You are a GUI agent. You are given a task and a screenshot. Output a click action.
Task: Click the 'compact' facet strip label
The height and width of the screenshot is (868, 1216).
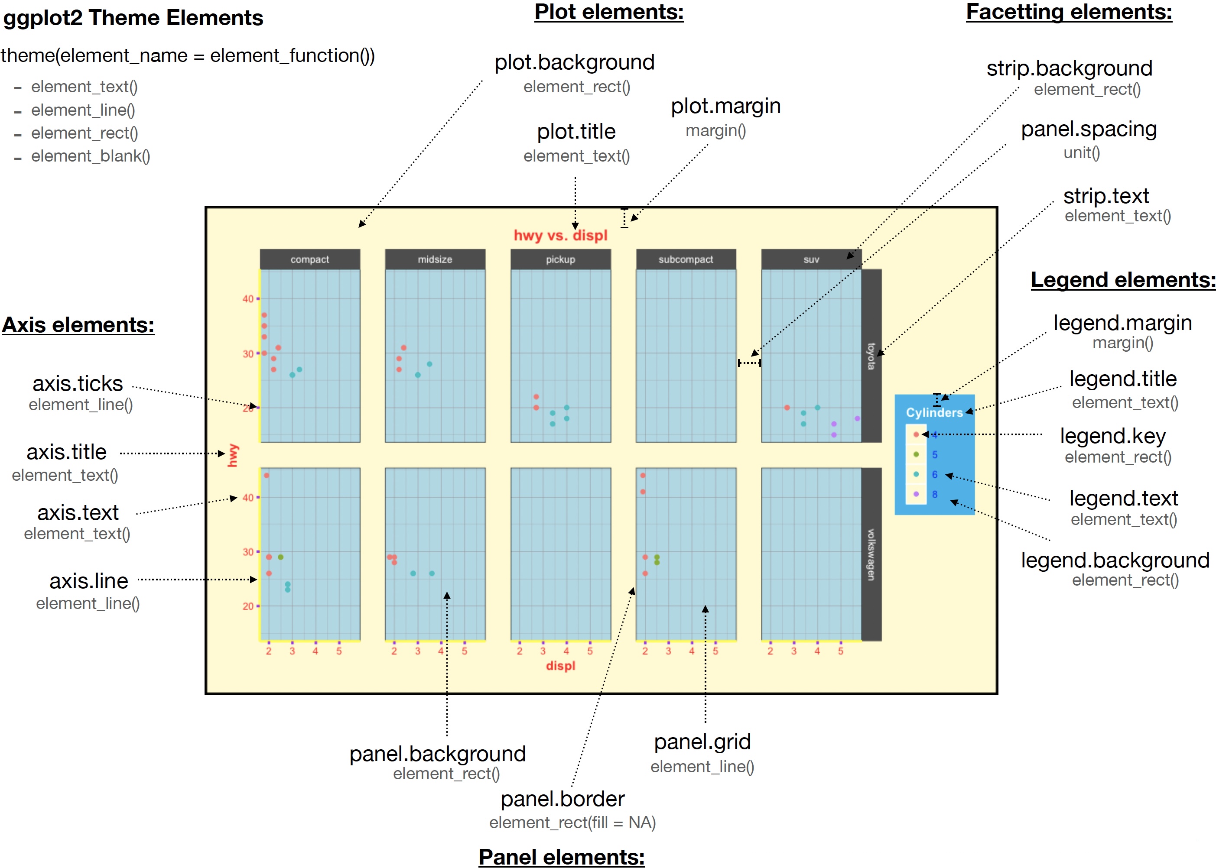point(309,259)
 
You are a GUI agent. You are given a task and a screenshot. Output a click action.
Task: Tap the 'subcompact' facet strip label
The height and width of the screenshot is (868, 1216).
point(686,259)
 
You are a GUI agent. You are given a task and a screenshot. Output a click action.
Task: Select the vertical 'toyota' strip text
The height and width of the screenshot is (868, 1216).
point(871,356)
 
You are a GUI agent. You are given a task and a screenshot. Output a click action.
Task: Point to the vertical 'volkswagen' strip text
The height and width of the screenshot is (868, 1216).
point(871,554)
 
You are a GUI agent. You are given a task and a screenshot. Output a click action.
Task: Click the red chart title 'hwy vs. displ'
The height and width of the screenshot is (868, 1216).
point(560,235)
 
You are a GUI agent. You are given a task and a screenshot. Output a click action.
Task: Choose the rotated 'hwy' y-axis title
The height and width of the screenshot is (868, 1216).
point(233,455)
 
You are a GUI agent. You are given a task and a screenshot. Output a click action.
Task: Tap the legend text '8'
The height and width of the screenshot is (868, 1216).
point(935,494)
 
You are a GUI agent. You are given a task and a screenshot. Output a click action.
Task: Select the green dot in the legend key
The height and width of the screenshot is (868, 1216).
point(916,454)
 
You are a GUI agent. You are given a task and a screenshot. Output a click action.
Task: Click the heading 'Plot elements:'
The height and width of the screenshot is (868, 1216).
point(609,12)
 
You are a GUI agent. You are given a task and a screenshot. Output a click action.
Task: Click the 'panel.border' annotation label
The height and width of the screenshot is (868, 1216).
point(562,799)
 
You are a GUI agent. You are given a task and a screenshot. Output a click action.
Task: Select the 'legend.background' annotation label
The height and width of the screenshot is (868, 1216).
point(1115,560)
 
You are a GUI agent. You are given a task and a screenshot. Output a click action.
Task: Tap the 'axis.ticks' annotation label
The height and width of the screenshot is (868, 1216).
point(78,384)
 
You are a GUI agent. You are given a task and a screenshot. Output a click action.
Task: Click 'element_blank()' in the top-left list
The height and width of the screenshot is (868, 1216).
point(91,156)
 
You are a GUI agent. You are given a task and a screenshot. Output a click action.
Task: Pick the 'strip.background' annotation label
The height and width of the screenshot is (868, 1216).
point(1069,68)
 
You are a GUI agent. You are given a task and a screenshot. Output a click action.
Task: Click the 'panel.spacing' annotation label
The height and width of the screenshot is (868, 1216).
point(1089,130)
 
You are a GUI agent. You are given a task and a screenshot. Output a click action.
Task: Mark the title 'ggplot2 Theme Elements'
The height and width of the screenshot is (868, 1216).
point(133,18)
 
